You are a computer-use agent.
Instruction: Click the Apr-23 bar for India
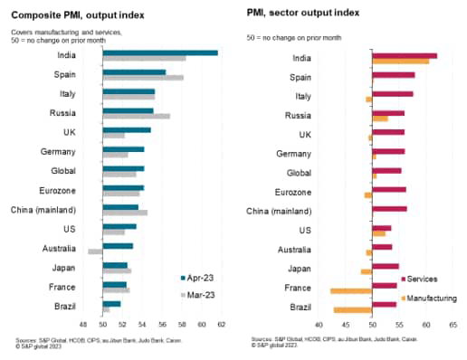[x=159, y=52]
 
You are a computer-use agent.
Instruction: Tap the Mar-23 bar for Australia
[x=95, y=251]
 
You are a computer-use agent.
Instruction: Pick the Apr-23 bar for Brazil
[x=111, y=303]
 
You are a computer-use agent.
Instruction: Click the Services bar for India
[x=404, y=55]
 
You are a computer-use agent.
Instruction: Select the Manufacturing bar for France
[x=350, y=290]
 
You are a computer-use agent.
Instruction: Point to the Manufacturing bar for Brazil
[x=352, y=310]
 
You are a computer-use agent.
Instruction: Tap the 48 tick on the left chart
[x=82, y=324]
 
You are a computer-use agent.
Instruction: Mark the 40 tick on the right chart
[x=319, y=324]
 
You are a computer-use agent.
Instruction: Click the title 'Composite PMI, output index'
[x=73, y=15]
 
